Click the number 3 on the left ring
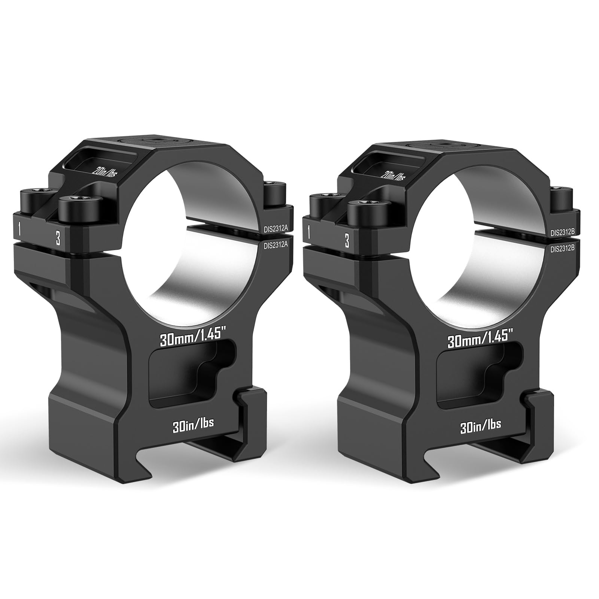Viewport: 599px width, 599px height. click(58, 238)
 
